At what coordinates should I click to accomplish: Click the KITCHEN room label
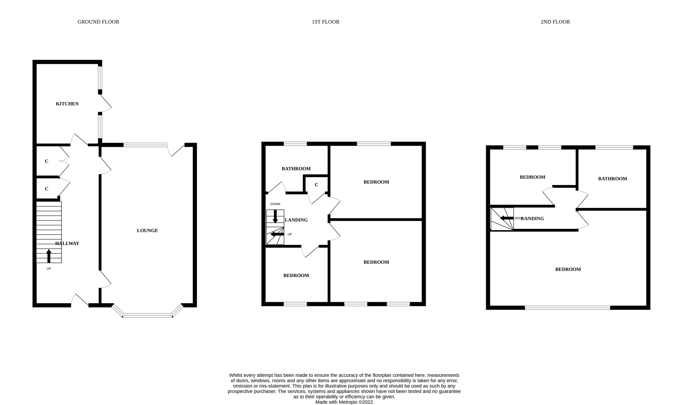pyautogui.click(x=67, y=104)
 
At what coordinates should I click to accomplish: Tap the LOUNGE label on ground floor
pyautogui.click(x=147, y=230)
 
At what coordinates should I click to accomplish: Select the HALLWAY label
pyautogui.click(x=67, y=243)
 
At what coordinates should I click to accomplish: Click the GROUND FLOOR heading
pyautogui.click(x=98, y=22)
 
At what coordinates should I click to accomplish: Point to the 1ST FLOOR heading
pyautogui.click(x=325, y=22)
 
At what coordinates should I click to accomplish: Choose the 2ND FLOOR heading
pyautogui.click(x=555, y=22)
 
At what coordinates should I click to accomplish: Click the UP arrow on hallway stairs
pyautogui.click(x=49, y=256)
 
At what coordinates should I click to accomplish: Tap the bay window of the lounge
pyautogui.click(x=147, y=315)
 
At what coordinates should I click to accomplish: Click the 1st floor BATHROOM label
pyautogui.click(x=296, y=169)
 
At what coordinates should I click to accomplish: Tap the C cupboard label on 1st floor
pyautogui.click(x=316, y=185)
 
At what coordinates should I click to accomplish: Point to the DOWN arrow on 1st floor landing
pyautogui.click(x=275, y=216)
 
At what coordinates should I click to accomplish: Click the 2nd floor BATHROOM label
pyautogui.click(x=612, y=179)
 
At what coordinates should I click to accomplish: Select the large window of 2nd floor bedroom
pyautogui.click(x=567, y=308)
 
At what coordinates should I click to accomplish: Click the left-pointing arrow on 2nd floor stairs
pyautogui.click(x=506, y=218)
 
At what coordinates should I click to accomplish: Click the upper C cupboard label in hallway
pyautogui.click(x=46, y=161)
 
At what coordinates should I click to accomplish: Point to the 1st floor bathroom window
pyautogui.click(x=295, y=144)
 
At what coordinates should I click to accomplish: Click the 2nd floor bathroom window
pyautogui.click(x=614, y=148)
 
